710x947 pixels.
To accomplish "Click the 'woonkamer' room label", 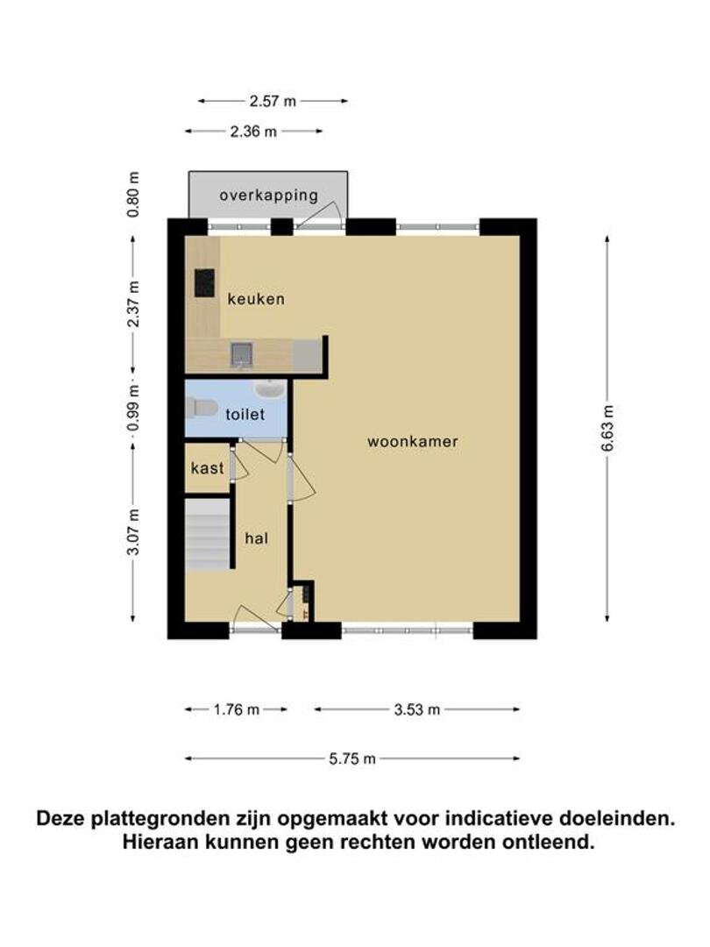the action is (412, 441).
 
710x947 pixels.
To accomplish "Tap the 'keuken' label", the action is (256, 299).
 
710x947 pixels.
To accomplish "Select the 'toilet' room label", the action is (245, 414).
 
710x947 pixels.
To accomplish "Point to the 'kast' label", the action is (207, 468).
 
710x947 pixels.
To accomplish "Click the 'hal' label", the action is (256, 538).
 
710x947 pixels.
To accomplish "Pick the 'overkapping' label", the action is (269, 196).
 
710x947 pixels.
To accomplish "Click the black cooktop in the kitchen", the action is (204, 282).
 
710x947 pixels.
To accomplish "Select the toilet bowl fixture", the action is (202, 409).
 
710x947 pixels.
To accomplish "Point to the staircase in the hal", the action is (207, 535).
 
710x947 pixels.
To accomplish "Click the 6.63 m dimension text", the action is (607, 428).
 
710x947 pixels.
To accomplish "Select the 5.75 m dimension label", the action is (352, 758).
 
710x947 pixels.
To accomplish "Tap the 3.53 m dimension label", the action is (417, 709).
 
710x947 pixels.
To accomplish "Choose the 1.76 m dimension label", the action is (236, 709).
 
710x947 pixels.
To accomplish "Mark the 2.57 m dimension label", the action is (273, 101).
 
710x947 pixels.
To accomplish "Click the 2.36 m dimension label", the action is (253, 131).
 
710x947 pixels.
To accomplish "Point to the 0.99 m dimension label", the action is (133, 409).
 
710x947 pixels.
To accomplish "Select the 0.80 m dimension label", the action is (133, 195).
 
